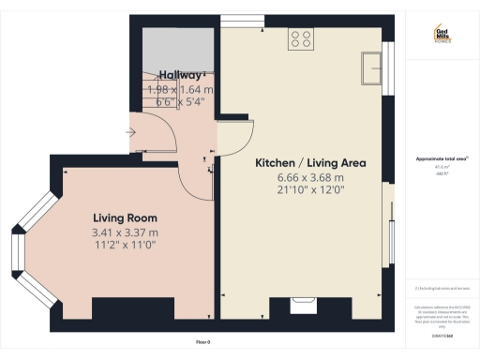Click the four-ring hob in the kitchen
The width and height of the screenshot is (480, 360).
pos(302,38)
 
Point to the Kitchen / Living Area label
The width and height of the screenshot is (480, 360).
pos(310,162)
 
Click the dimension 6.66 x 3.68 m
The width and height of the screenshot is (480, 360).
pos(310,177)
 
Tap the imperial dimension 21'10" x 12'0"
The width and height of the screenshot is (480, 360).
pos(310,191)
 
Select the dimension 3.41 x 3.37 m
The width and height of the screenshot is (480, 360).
pos(124,232)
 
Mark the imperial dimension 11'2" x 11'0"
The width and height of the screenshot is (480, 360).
pos(124,245)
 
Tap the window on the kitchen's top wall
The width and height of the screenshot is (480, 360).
pos(234,20)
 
